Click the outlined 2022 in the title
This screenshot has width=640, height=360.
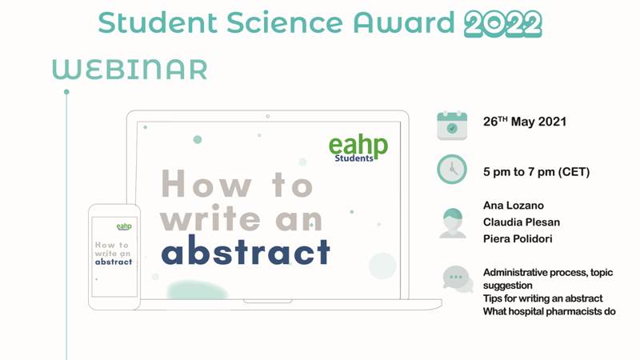tap(503, 24)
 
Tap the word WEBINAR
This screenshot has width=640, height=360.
tap(130, 70)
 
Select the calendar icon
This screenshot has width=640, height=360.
tap(452, 126)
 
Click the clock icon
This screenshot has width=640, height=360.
tap(452, 169)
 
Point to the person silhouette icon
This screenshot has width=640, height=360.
tap(453, 223)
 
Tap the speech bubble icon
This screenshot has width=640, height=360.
tap(458, 279)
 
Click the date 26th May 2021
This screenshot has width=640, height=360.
tap(525, 122)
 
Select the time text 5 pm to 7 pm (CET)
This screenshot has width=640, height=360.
tap(536, 172)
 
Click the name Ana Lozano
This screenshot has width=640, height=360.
tap(514, 206)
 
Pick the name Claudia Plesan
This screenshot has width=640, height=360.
tap(522, 222)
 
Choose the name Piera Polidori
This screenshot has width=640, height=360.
tap(518, 238)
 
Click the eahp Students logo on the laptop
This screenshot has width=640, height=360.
tap(358, 148)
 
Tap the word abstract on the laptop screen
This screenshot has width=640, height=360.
tap(246, 250)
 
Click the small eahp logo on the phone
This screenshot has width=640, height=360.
tap(124, 226)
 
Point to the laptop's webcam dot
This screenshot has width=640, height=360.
tap(268, 116)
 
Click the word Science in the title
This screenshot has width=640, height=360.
tap(285, 22)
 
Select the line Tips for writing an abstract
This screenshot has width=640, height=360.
tap(543, 298)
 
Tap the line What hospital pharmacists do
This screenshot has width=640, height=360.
tap(550, 311)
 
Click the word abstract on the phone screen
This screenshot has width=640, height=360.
tap(114, 262)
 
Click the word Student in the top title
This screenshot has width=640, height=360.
tap(158, 22)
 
